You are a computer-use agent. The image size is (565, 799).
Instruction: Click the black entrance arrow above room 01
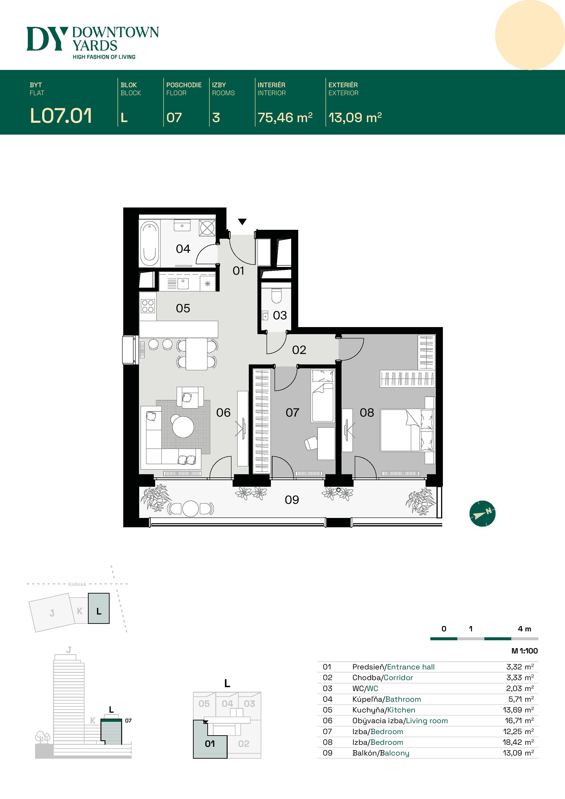242,222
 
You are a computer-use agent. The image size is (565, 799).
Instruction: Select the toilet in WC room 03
276,296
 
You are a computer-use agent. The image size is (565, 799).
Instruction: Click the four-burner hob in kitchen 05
148,306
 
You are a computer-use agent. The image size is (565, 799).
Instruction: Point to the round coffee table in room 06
183,427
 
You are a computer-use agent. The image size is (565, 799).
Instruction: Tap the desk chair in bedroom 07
311,443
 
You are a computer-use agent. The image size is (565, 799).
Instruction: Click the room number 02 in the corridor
299,350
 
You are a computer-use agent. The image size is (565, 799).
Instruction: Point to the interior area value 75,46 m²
285,118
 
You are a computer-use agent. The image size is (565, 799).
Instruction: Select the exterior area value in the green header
355,118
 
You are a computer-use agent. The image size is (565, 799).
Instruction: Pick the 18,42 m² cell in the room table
518,742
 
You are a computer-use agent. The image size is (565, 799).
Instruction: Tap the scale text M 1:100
525,651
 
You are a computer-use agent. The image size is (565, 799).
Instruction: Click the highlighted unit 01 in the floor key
210,744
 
